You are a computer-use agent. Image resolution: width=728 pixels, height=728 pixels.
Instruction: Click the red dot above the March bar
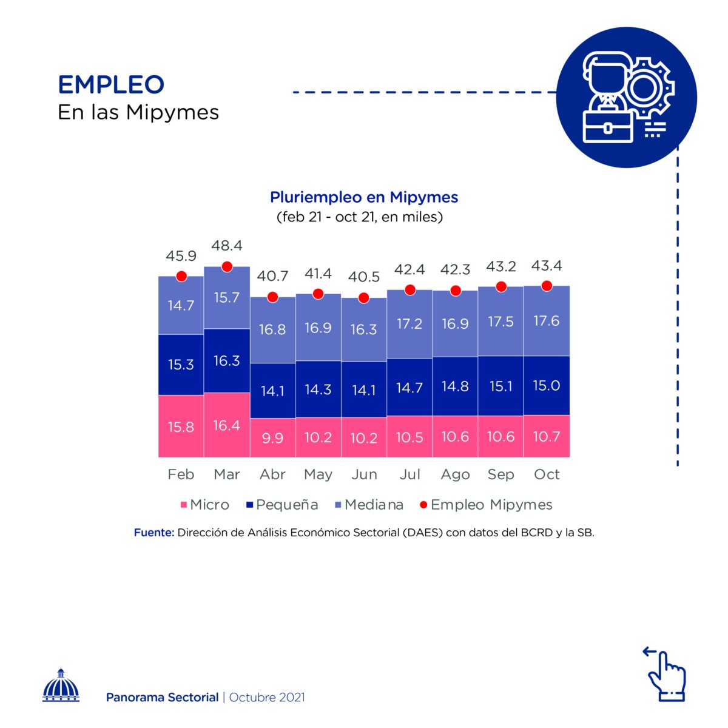click(x=227, y=266)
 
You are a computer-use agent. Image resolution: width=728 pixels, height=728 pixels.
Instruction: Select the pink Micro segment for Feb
click(x=181, y=426)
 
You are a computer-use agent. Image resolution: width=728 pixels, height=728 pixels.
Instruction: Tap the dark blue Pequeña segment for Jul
click(x=409, y=387)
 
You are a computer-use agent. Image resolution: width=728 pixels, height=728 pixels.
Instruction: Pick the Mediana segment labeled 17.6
click(x=546, y=321)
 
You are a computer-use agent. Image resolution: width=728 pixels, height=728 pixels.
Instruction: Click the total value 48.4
click(x=227, y=246)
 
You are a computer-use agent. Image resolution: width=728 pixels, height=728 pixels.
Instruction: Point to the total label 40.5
click(x=364, y=277)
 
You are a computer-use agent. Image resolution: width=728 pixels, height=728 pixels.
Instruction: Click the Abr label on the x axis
click(x=272, y=474)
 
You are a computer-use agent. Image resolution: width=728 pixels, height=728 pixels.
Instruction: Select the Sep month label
click(x=500, y=474)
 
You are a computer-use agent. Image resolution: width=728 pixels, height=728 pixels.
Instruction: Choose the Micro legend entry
click(x=204, y=505)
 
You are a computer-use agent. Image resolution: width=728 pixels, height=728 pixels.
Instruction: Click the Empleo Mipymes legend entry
click(x=486, y=505)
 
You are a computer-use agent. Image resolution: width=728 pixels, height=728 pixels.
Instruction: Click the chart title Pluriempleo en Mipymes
click(x=364, y=197)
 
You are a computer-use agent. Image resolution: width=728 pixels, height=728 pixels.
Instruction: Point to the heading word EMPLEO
click(x=111, y=85)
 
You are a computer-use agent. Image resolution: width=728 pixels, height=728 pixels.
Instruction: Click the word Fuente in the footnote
click(x=154, y=533)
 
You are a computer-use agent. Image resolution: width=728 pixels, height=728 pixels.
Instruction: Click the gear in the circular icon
click(x=647, y=88)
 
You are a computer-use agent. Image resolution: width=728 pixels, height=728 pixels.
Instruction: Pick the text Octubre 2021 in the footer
click(x=267, y=698)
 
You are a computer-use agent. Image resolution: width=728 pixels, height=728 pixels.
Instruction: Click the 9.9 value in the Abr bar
click(x=272, y=438)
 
